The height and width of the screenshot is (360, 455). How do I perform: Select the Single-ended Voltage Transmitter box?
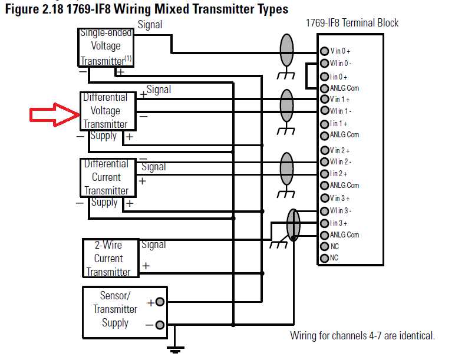[x=106, y=47]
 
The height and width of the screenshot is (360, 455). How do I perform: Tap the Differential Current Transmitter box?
[x=106, y=177]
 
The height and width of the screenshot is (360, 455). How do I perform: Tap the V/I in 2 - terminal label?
[x=340, y=161]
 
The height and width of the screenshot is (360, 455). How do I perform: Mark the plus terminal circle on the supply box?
[x=160, y=302]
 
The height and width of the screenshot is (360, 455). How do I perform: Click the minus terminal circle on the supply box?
[x=160, y=325]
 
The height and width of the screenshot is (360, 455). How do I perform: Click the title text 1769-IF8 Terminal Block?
[x=352, y=23]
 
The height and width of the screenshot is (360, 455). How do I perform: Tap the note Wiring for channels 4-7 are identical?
[x=362, y=336]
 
